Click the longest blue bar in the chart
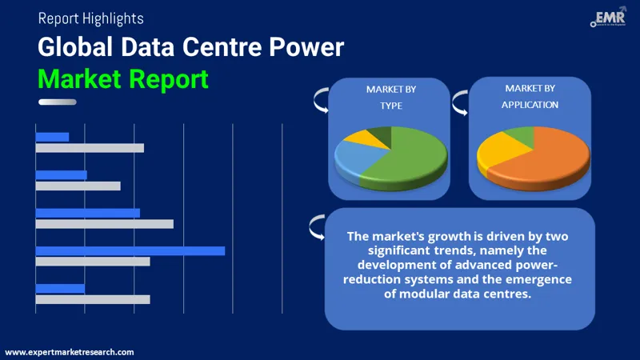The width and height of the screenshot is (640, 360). click(130, 250)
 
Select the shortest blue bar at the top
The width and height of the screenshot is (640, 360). click(52, 137)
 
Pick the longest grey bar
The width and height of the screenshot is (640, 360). click(104, 224)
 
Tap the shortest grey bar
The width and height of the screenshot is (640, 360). click(78, 186)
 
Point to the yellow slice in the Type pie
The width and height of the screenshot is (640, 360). click(355, 138)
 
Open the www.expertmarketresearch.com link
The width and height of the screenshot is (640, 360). click(70, 352)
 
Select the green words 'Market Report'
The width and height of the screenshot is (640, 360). click(123, 78)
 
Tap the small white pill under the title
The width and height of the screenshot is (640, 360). click(57, 102)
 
